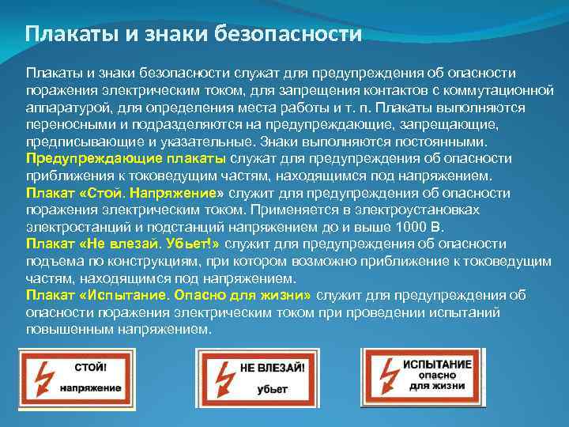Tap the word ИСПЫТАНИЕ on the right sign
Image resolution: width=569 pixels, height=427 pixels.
[x=439, y=363]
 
